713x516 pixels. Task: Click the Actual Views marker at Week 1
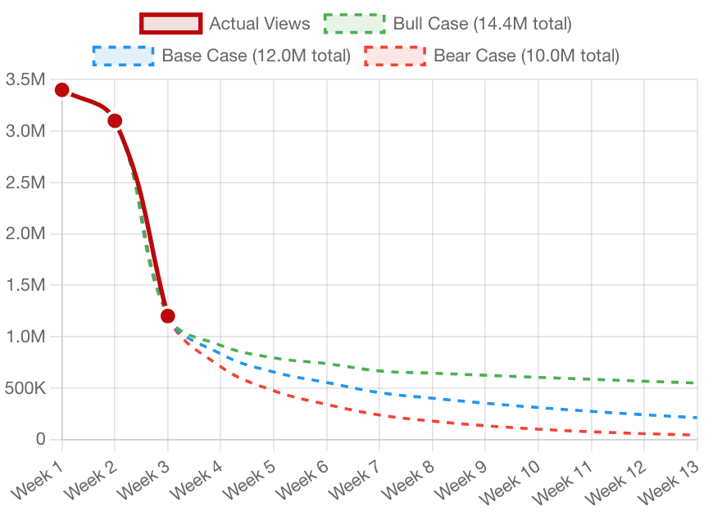(x=62, y=90)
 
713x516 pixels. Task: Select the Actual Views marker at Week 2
(x=115, y=120)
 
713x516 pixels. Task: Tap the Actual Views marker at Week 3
(x=167, y=315)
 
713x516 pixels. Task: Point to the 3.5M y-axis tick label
(x=25, y=79)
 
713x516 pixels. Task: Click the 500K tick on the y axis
(x=25, y=387)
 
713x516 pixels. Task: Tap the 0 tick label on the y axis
(x=40, y=439)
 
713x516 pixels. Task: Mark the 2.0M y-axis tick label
(x=25, y=233)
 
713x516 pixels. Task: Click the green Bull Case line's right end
(x=693, y=382)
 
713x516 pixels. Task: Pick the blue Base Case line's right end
(x=693, y=417)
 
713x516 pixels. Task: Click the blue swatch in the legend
(x=123, y=56)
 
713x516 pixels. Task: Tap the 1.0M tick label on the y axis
(x=25, y=336)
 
